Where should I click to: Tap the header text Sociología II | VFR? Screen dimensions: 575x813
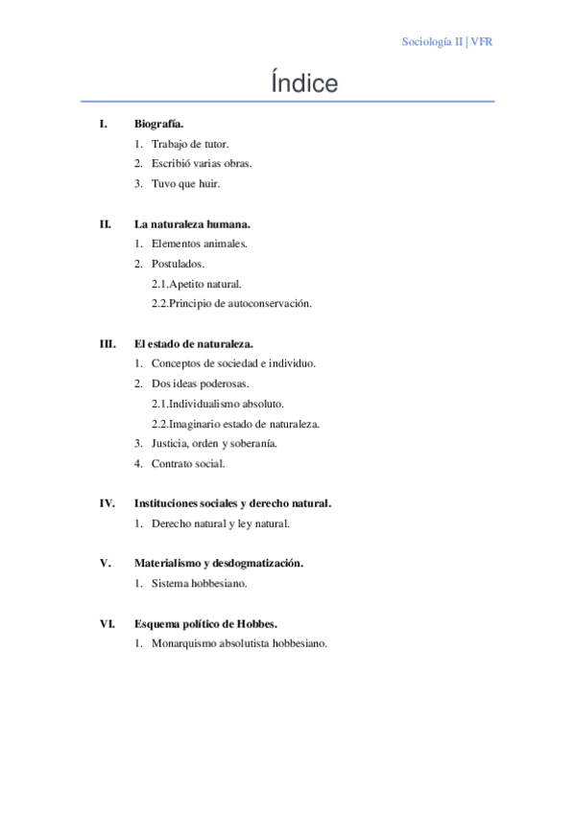pyautogui.click(x=447, y=42)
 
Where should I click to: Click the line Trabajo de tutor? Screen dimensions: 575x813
pyautogui.click(x=190, y=144)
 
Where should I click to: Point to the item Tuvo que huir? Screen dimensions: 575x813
pyautogui.click(x=186, y=183)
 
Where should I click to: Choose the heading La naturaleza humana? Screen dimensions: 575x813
pyautogui.click(x=192, y=224)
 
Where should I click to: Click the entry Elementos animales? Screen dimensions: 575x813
pyautogui.click(x=199, y=244)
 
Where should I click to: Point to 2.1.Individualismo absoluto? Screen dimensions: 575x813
pyautogui.click(x=217, y=404)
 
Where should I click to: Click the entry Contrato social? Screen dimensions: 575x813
pyautogui.click(x=188, y=464)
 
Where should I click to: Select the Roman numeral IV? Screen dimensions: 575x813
pyautogui.click(x=108, y=503)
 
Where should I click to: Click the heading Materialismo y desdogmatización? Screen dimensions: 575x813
pyautogui.click(x=219, y=564)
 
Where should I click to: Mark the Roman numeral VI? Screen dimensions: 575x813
pyautogui.click(x=108, y=623)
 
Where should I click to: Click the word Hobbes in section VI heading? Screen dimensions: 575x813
pyautogui.click(x=257, y=623)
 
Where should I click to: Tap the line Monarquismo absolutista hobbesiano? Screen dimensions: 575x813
pyautogui.click(x=239, y=643)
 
